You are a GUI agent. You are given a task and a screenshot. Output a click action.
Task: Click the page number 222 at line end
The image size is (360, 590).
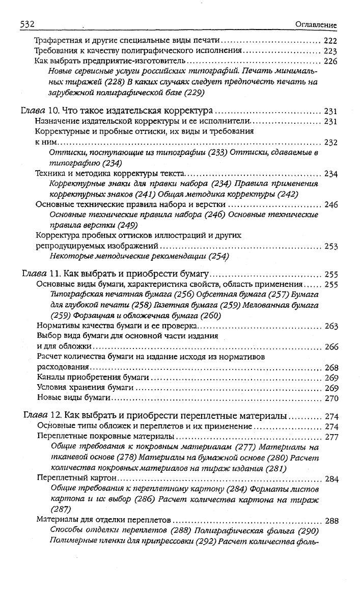click(x=330, y=40)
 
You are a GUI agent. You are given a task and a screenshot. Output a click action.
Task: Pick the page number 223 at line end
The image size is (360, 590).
click(x=330, y=51)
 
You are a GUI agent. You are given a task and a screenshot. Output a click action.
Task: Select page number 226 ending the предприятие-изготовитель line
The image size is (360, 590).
click(x=330, y=62)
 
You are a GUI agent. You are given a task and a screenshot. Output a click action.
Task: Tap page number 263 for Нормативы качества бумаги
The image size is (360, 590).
click(x=331, y=326)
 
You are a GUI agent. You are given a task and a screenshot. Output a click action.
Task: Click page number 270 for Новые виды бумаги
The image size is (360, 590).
click(x=331, y=398)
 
